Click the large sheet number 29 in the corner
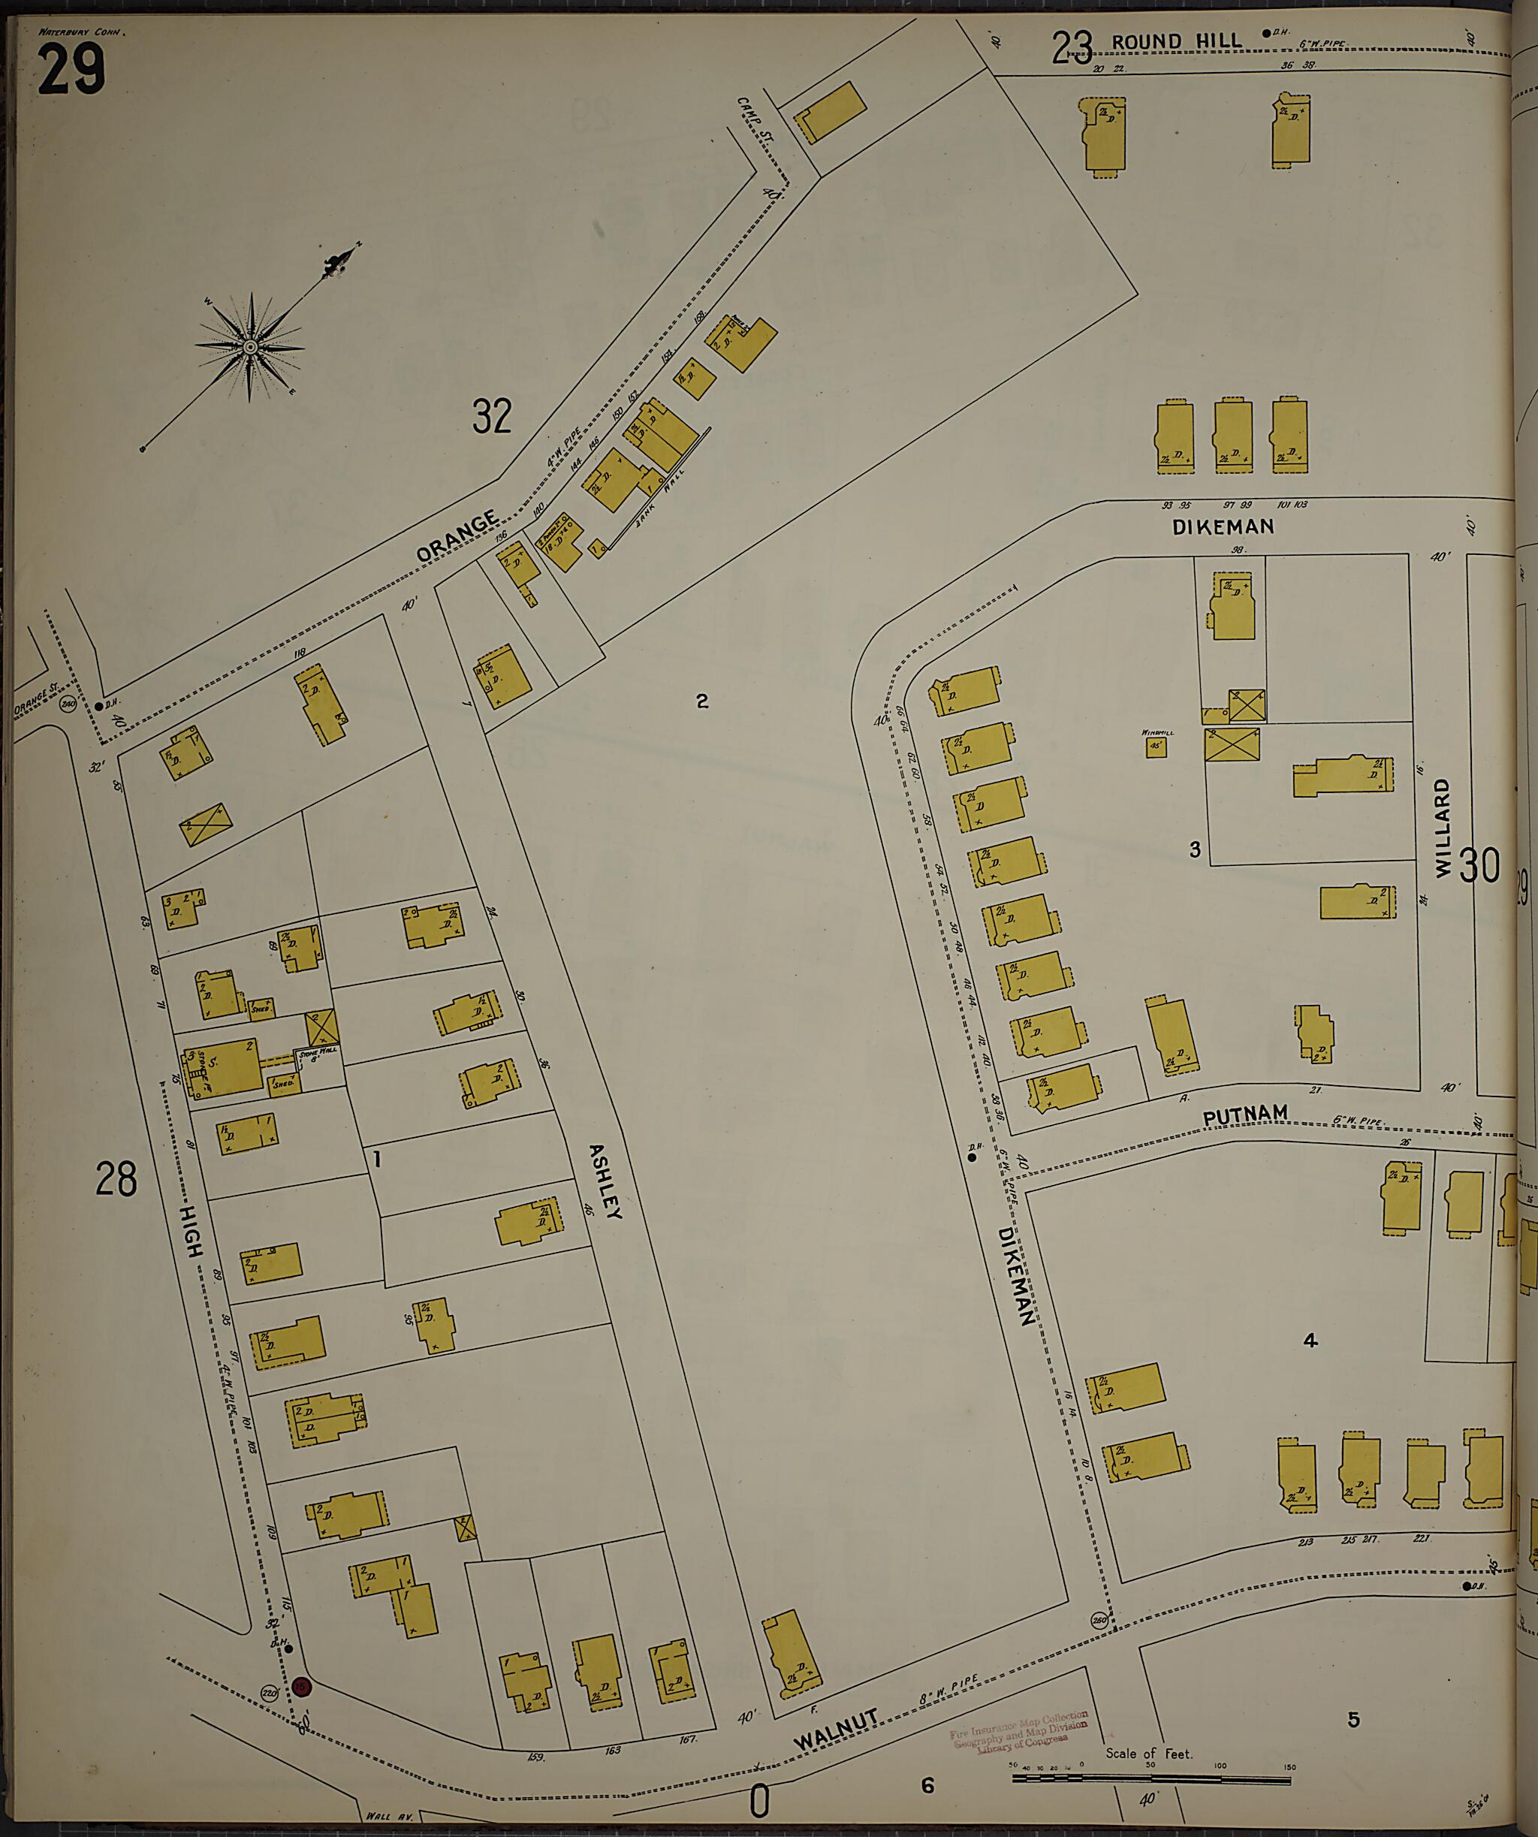(x=72, y=70)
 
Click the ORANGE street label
(x=457, y=536)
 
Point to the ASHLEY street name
(x=605, y=1181)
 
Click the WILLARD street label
(x=1442, y=828)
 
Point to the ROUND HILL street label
(x=1176, y=41)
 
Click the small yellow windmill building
(x=1156, y=747)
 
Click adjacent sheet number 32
(x=492, y=415)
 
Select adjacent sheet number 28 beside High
(x=116, y=1179)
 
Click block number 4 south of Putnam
(x=1310, y=1340)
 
